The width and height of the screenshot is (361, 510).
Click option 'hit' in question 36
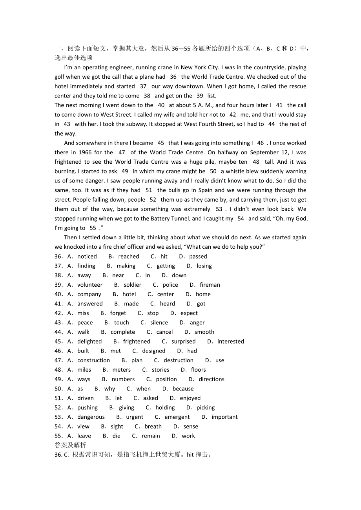point(164,257)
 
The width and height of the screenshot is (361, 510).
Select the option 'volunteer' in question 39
point(90,285)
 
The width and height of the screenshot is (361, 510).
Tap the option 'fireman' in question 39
point(210,285)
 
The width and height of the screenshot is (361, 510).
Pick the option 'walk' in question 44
point(84,332)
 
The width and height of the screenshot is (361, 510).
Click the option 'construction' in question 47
point(93,360)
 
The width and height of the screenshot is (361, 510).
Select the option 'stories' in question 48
point(160,370)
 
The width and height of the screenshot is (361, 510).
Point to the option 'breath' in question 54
point(153,427)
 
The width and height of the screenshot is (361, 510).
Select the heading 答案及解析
point(70,445)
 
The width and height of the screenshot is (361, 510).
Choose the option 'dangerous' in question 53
point(91,417)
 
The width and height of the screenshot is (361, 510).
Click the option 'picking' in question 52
point(206,408)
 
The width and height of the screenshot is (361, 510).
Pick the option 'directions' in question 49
point(211,379)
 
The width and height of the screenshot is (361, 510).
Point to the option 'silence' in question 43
point(159,323)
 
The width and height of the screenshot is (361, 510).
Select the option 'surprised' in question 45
point(183,342)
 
